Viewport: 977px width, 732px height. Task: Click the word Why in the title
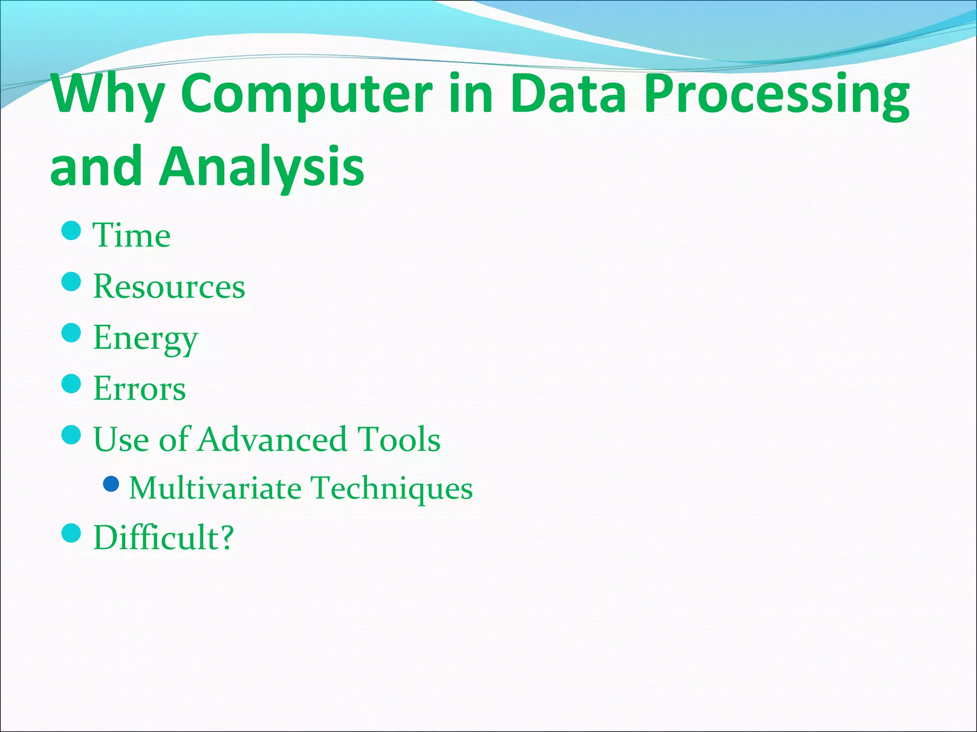107,94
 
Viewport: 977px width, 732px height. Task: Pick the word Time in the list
132,235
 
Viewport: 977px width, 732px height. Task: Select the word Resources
169,286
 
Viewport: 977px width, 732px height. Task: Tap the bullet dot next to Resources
72,282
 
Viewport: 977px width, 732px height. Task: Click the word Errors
139,388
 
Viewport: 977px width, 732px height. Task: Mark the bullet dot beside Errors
72,384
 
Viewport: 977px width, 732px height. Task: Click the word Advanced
272,439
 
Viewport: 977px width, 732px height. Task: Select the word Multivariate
215,488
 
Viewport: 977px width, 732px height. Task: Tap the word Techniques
392,489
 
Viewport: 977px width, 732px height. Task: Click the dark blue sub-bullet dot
111,484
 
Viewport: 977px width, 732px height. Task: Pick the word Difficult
156,538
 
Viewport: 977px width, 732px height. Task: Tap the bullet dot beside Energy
72,333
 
